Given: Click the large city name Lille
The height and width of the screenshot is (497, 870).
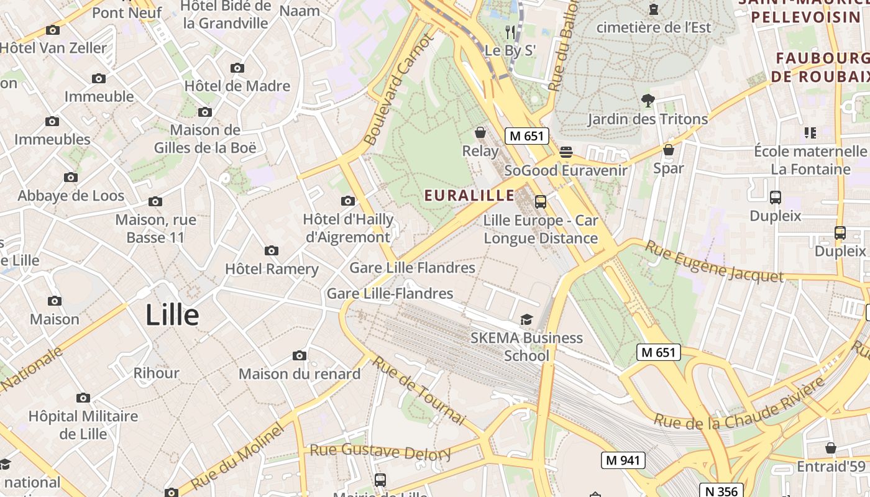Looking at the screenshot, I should point(172,315).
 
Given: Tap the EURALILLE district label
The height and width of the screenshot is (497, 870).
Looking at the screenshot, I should point(469,196).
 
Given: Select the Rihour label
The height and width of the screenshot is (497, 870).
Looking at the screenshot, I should point(156,373).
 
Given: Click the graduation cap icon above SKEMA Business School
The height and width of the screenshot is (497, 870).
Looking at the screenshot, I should point(526,319).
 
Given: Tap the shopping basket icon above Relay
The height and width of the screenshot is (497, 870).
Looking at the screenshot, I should point(480,132).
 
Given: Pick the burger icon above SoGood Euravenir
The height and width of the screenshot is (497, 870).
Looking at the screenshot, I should point(565,152).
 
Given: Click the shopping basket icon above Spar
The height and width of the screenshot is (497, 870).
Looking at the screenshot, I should point(669,150).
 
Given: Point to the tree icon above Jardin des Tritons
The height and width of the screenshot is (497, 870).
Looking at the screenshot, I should point(648,100).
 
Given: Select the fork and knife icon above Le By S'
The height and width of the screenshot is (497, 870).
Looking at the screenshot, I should point(510,32).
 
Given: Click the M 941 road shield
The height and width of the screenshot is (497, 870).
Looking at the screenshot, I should point(623,460).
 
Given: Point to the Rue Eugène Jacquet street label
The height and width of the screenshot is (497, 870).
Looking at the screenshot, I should point(714,262).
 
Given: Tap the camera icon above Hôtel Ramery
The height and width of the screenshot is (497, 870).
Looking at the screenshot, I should point(272,251).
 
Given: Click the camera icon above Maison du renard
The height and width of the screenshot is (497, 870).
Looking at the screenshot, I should point(300,356).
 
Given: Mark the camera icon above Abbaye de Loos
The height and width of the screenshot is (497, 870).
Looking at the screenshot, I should point(71,178).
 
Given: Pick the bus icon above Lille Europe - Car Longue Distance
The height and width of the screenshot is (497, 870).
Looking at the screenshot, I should point(541,201).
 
